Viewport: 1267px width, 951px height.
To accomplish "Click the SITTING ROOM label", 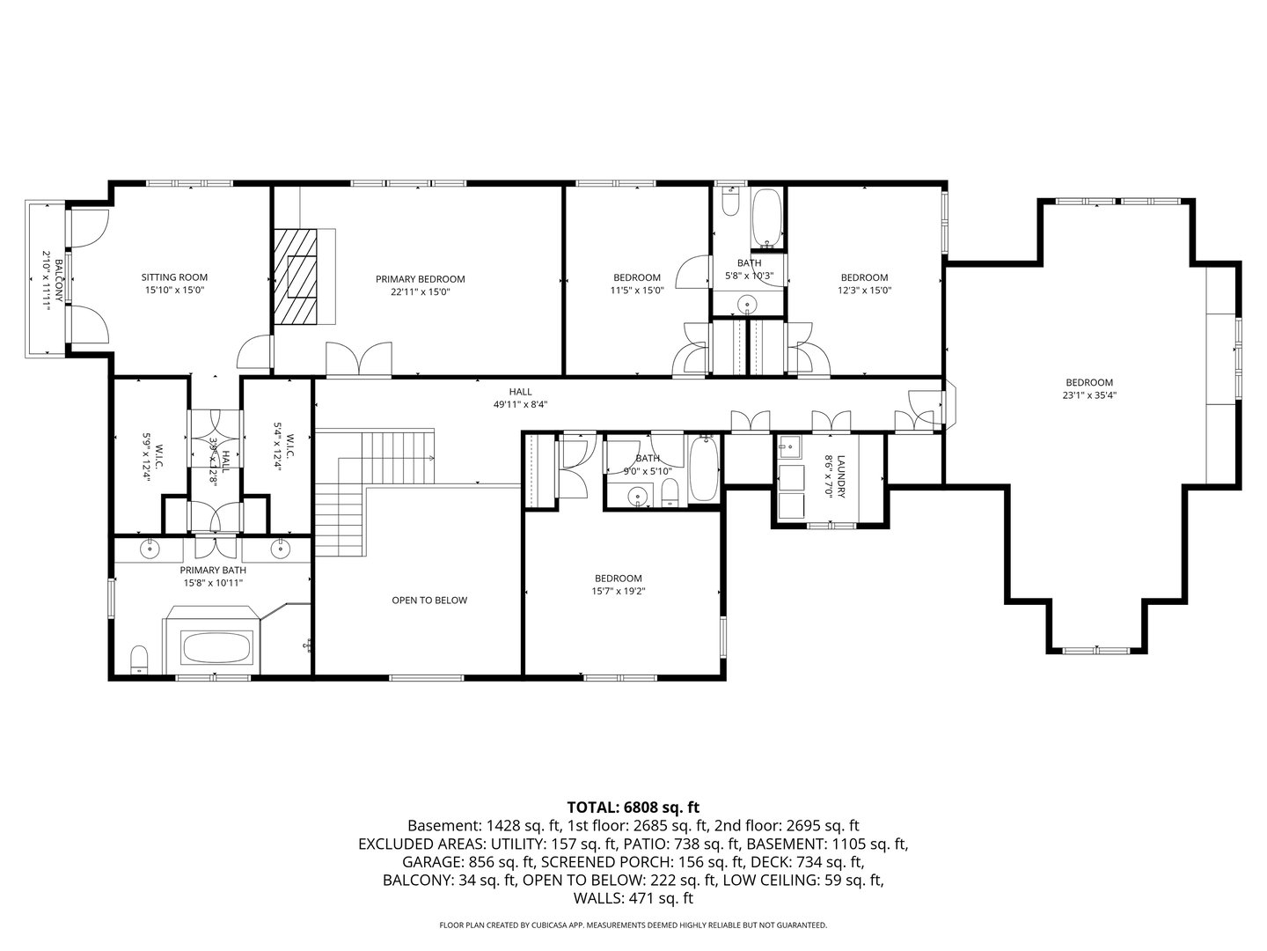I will click(x=174, y=277).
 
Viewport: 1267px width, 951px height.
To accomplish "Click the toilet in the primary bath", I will click(x=139, y=660).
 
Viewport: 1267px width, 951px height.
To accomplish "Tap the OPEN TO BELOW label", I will click(x=429, y=601).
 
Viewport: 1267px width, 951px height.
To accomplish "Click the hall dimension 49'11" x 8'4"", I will click(x=520, y=405).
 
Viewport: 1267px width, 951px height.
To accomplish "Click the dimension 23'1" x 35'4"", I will click(x=1089, y=395).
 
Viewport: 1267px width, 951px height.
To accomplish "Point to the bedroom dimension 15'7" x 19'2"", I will click(x=618, y=592).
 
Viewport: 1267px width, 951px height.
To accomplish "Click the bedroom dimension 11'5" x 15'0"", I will click(x=636, y=291).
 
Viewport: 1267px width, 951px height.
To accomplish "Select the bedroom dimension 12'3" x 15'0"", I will click(x=864, y=291).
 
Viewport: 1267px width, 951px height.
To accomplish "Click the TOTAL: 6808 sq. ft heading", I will click(x=633, y=807).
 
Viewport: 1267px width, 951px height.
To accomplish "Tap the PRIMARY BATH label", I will click(x=212, y=570).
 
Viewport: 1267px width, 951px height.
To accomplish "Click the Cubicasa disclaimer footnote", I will click(x=633, y=925).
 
